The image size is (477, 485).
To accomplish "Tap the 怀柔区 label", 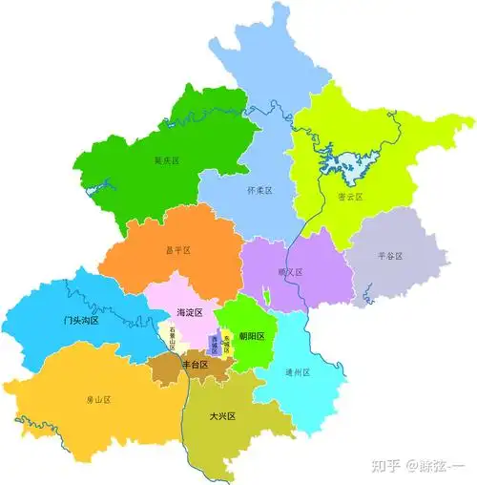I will pos(259,191).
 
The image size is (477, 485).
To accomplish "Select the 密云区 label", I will pos(349,198).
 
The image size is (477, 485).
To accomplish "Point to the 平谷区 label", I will pos(390,256).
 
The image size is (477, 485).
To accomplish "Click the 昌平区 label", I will pos(178,250).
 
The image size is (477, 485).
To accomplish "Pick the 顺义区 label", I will pos(290,272).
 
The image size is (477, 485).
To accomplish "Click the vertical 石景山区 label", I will pos(172,339).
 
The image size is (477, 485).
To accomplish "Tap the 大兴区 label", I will pos(222,416).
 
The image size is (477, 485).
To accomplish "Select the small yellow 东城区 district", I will pos(226,347).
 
